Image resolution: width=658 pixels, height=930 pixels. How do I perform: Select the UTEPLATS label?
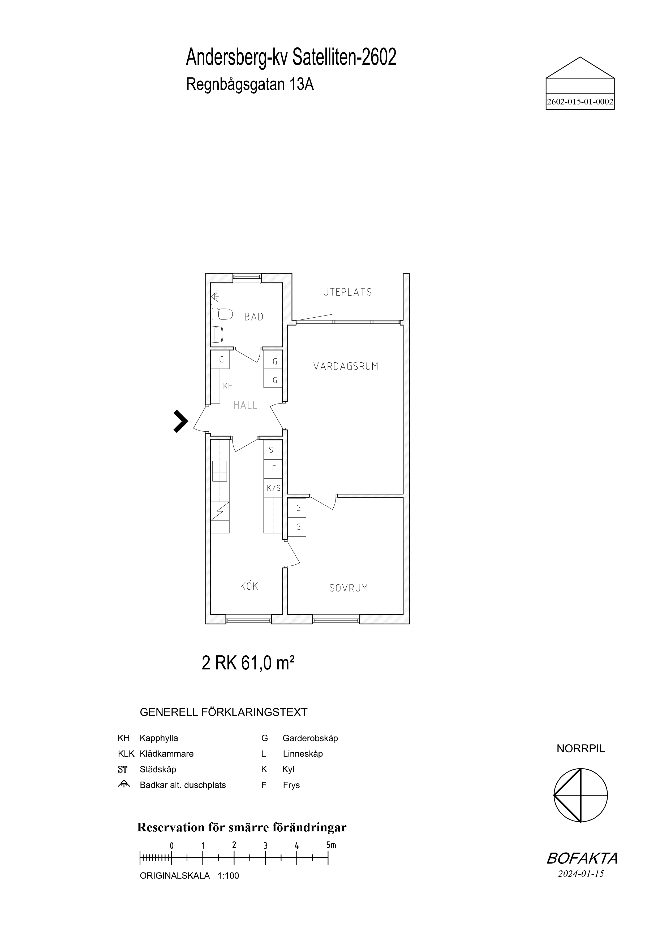(x=347, y=292)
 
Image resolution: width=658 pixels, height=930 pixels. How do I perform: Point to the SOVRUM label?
(x=349, y=588)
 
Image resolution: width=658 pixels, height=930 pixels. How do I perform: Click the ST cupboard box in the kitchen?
(x=273, y=450)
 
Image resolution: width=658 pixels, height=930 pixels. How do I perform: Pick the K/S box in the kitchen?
(x=273, y=488)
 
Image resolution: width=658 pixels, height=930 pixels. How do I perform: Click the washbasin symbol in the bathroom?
(x=218, y=335)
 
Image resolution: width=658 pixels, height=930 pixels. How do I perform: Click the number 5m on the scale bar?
(x=331, y=845)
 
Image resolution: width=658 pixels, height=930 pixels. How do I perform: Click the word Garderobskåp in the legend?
(x=310, y=738)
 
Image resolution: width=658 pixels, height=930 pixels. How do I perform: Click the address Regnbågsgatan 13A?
(x=250, y=84)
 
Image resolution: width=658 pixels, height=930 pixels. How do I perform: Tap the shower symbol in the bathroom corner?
(x=215, y=296)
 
